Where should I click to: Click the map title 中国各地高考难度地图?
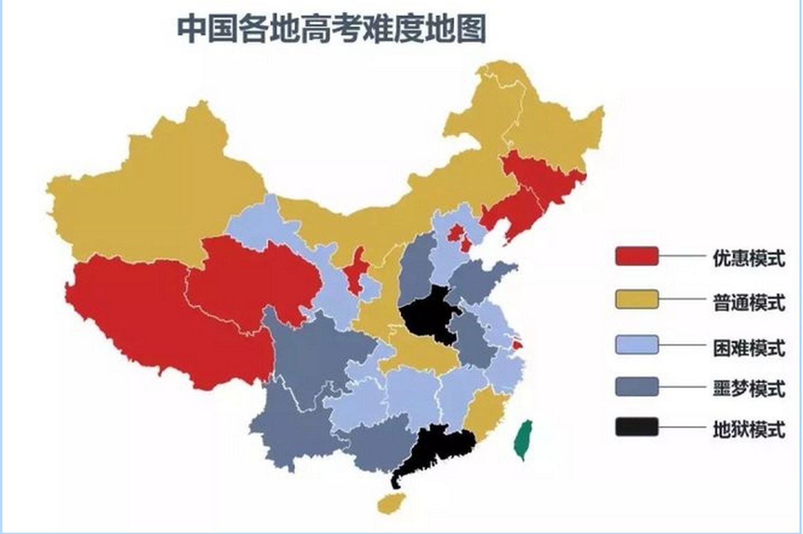click(x=332, y=29)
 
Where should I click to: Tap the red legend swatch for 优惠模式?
click(x=636, y=257)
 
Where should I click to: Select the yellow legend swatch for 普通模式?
click(x=636, y=300)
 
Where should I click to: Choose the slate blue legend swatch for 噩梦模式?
click(x=636, y=387)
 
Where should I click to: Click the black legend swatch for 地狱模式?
click(x=636, y=427)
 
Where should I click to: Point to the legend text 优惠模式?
click(x=748, y=258)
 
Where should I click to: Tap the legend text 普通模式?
click(x=748, y=302)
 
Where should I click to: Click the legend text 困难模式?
click(x=748, y=348)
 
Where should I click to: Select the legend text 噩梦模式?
click(x=748, y=388)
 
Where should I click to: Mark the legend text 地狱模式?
click(x=748, y=430)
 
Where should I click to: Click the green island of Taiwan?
click(x=523, y=439)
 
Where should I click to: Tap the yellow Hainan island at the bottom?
click(x=390, y=503)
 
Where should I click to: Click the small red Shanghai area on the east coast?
click(x=517, y=345)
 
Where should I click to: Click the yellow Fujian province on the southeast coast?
click(x=483, y=413)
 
